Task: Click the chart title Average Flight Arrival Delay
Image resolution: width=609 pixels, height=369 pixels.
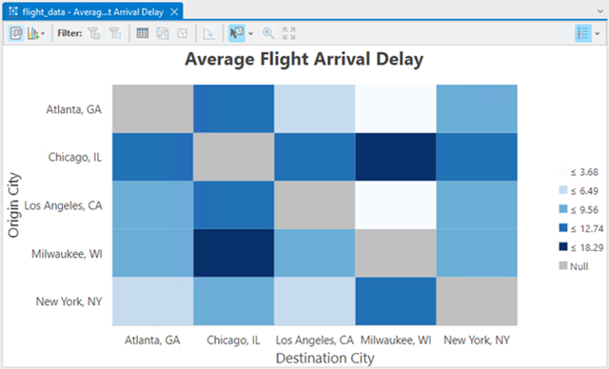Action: (304, 59)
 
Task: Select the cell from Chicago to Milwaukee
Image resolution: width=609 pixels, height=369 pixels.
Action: (395, 157)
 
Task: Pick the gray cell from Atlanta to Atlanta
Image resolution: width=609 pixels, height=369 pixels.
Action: (152, 108)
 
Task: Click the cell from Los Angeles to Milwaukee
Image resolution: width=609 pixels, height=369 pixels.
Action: (395, 204)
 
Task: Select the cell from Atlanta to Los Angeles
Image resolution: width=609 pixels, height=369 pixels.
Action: (314, 108)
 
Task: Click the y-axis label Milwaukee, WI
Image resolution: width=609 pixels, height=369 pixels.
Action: (69, 253)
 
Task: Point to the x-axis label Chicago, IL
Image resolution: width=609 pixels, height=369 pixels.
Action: (233, 339)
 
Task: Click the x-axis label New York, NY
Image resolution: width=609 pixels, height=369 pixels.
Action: (477, 339)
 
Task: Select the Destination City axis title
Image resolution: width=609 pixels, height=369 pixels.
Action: (315, 358)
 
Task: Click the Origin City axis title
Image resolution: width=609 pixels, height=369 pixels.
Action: (14, 204)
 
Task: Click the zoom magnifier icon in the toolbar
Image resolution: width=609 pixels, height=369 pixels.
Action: (267, 32)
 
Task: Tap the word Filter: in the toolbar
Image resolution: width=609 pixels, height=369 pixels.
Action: (69, 32)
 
